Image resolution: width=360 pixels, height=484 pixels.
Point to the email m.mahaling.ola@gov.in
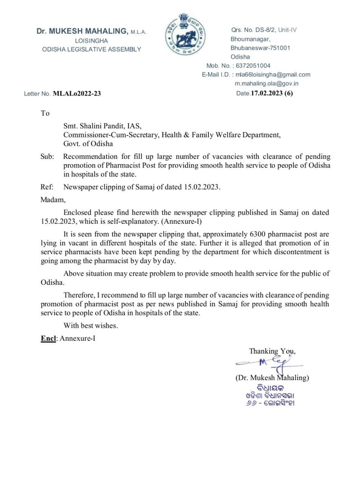pyautogui.click(x=267, y=83)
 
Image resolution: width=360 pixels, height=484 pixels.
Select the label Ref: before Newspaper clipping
pyautogui.click(x=47, y=188)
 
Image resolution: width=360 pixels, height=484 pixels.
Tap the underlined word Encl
pyautogui.click(x=48, y=339)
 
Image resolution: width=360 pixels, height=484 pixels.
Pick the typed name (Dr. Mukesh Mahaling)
pyautogui.click(x=272, y=378)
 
